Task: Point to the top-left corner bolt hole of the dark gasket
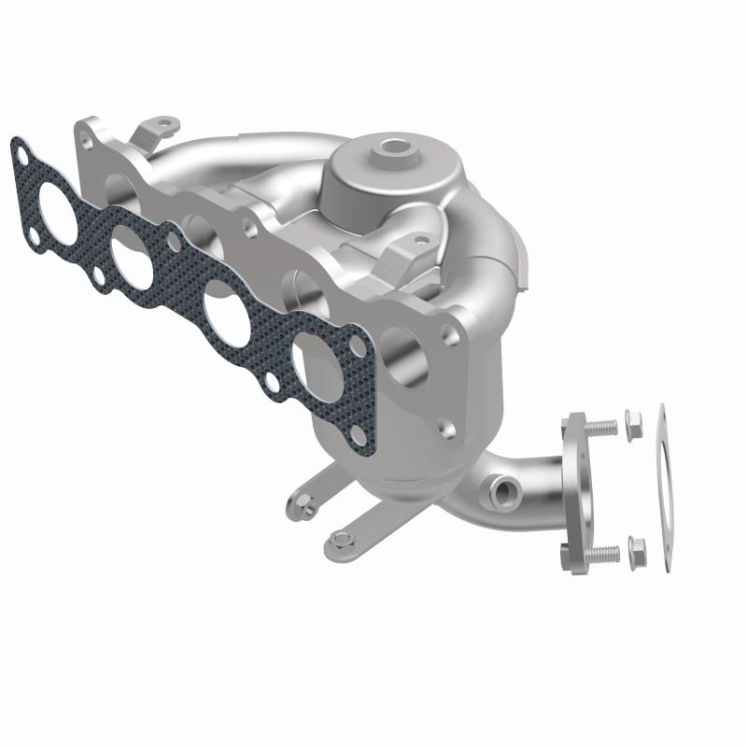point(20,147)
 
